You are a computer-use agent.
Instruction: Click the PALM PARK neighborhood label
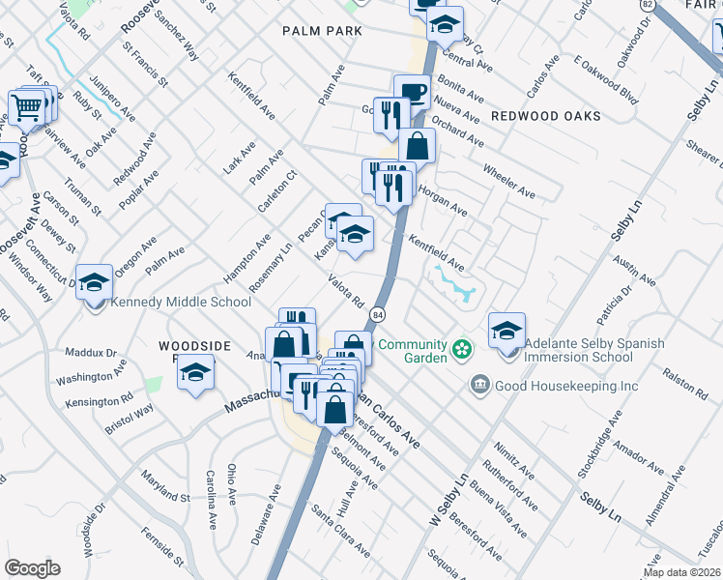point(322,31)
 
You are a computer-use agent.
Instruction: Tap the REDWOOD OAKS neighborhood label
point(545,116)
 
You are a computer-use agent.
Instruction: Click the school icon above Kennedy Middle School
point(94,282)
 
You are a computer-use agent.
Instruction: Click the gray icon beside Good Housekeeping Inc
point(478,386)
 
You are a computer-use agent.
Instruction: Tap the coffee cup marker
point(413,93)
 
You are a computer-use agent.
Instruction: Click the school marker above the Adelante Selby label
point(506,331)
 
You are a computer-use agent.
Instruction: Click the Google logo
point(32,568)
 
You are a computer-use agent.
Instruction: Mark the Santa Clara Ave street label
point(339,530)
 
